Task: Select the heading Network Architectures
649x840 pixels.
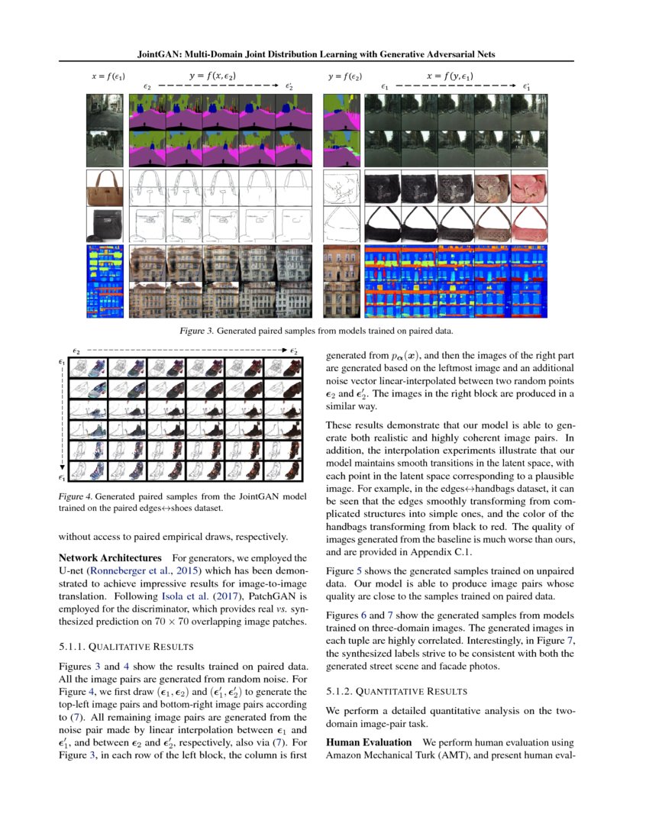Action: [x=113, y=558]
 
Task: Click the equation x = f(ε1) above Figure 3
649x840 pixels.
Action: [x=108, y=77]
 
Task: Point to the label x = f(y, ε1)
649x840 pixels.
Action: [x=448, y=76]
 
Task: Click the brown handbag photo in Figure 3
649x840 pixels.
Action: [x=105, y=188]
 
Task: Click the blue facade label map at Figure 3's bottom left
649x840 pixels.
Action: [x=105, y=279]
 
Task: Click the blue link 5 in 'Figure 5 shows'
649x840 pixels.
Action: [x=359, y=570]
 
